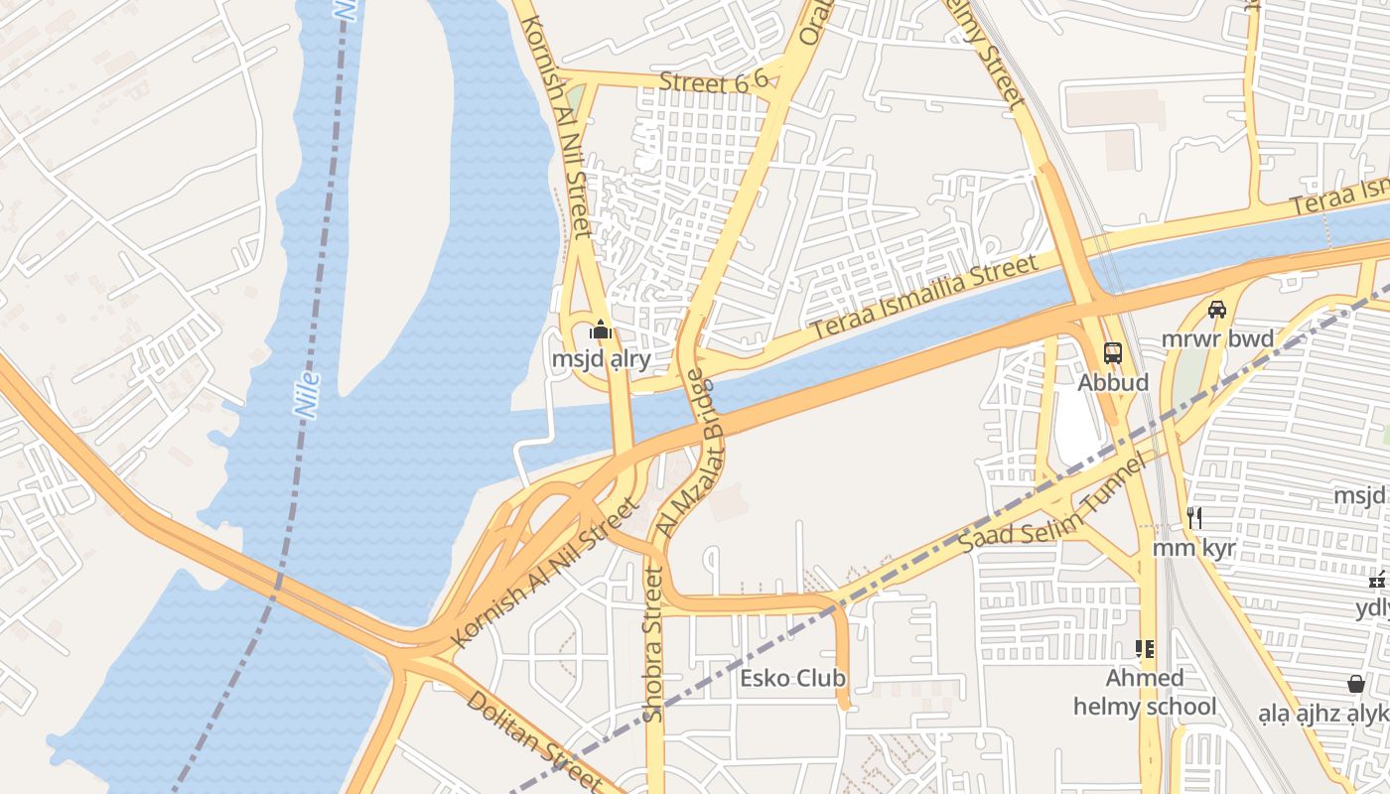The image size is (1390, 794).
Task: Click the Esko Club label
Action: (793, 679)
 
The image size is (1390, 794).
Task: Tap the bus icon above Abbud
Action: (1113, 352)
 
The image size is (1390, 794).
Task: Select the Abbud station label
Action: (1113, 382)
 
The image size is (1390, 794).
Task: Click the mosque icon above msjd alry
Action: (601, 330)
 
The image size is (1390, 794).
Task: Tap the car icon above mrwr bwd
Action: (1217, 310)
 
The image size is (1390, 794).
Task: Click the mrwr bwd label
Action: (1217, 339)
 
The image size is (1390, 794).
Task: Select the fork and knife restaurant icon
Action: (1194, 517)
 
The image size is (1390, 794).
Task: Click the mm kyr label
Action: (1193, 548)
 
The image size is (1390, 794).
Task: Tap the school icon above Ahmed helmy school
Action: (1145, 649)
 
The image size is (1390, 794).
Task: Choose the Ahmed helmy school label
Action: (1144, 693)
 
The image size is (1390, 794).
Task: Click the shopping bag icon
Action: (1355, 684)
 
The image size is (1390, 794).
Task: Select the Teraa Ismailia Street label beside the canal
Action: (923, 299)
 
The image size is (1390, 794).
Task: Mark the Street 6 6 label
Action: (714, 82)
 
